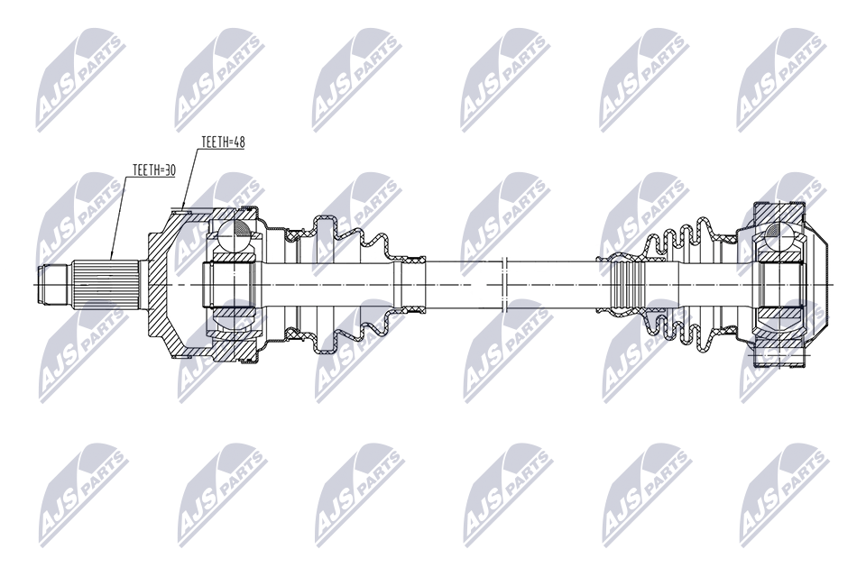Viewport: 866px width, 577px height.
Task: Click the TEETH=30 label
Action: point(153,170)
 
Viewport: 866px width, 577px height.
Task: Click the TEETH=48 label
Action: point(223,142)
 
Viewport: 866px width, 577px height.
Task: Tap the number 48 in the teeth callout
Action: point(238,142)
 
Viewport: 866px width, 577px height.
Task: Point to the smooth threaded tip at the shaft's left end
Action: point(52,285)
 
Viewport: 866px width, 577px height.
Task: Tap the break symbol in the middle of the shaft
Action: point(503,285)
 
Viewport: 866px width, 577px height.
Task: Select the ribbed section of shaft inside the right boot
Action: point(626,285)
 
